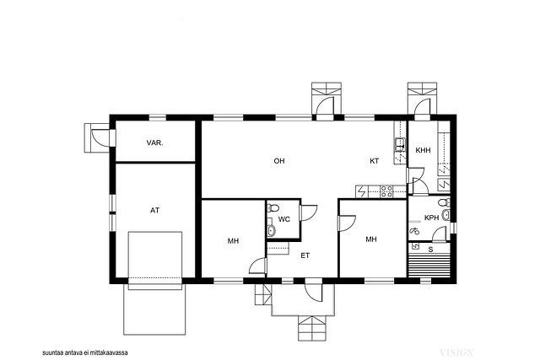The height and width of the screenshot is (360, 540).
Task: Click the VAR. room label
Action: click(154, 142)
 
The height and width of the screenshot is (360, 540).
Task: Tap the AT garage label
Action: click(154, 210)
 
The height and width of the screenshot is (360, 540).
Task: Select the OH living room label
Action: click(279, 161)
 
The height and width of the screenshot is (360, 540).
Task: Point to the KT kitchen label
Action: click(375, 161)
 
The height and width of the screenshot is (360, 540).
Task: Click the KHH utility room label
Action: click(423, 150)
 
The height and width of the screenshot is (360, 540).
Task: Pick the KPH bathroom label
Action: click(431, 218)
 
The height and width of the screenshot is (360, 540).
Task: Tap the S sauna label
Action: click(430, 250)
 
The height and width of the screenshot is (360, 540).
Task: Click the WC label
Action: click(284, 219)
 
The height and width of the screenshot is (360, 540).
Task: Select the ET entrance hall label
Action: click(305, 255)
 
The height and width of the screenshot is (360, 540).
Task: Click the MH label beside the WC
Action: click(233, 241)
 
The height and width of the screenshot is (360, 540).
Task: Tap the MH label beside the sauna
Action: click(371, 239)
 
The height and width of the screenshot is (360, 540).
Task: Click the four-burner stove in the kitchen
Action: click(386, 191)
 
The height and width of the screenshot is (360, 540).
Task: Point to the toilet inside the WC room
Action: click(273, 208)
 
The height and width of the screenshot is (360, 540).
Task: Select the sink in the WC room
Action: click(271, 231)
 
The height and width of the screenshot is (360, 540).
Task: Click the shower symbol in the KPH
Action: click(414, 231)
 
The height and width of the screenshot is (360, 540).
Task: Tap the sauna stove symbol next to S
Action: click(415, 245)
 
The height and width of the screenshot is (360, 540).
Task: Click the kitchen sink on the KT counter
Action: click(400, 144)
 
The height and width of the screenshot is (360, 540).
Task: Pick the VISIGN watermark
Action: click(456, 352)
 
